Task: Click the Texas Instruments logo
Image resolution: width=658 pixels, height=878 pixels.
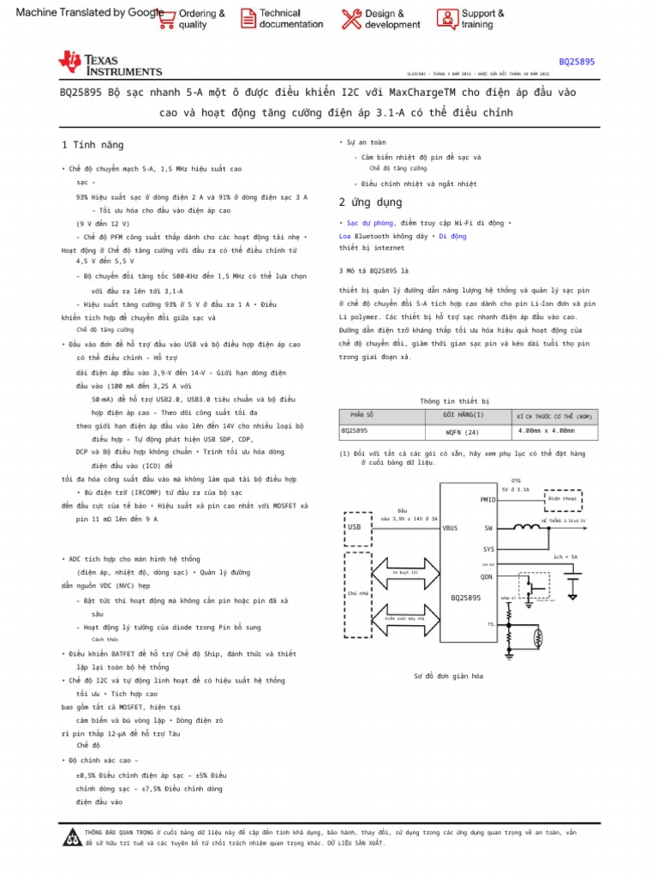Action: click(x=109, y=63)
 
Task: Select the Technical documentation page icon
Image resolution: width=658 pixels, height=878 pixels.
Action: click(x=248, y=19)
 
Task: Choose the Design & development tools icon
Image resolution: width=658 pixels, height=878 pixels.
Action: click(x=351, y=19)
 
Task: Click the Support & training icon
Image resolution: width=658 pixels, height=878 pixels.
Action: click(x=447, y=19)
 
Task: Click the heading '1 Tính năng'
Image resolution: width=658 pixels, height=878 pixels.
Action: click(x=93, y=145)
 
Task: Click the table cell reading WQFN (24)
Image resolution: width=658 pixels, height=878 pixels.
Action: click(x=462, y=431)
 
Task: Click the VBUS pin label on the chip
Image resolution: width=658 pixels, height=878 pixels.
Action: click(x=451, y=528)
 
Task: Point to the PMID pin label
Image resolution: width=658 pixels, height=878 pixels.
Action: click(x=488, y=499)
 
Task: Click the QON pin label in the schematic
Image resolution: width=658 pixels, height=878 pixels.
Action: click(x=487, y=577)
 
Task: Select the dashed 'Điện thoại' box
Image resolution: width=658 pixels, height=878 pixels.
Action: click(x=562, y=498)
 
